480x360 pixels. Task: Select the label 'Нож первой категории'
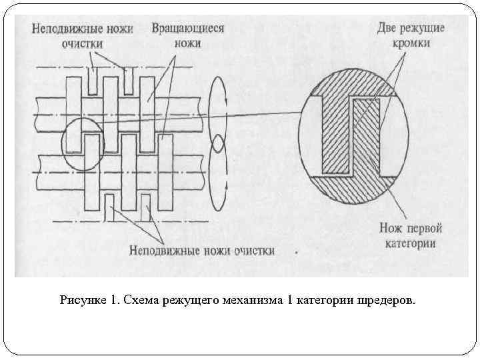(x=411, y=235)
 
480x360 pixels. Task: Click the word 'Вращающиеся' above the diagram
(x=187, y=29)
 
